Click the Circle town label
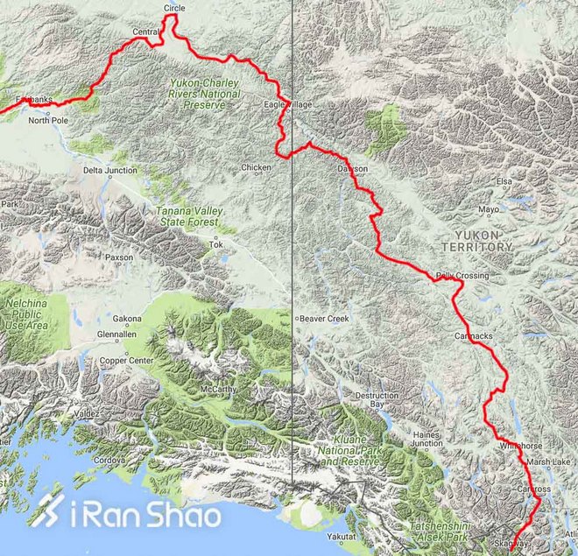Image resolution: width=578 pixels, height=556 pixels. point(174,8)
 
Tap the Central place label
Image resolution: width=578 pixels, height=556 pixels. point(144,32)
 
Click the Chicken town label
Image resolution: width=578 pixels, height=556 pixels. point(256,166)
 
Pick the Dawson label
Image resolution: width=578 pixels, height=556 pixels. point(352,168)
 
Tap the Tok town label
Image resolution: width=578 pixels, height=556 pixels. point(215,244)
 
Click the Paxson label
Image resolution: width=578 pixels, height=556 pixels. point(118,258)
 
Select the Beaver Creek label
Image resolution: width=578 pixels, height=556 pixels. point(324,319)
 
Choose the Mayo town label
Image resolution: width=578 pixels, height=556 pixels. point(489,209)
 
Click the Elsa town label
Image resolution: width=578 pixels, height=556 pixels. point(504,181)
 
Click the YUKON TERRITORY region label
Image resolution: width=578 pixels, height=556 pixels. point(483,241)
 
